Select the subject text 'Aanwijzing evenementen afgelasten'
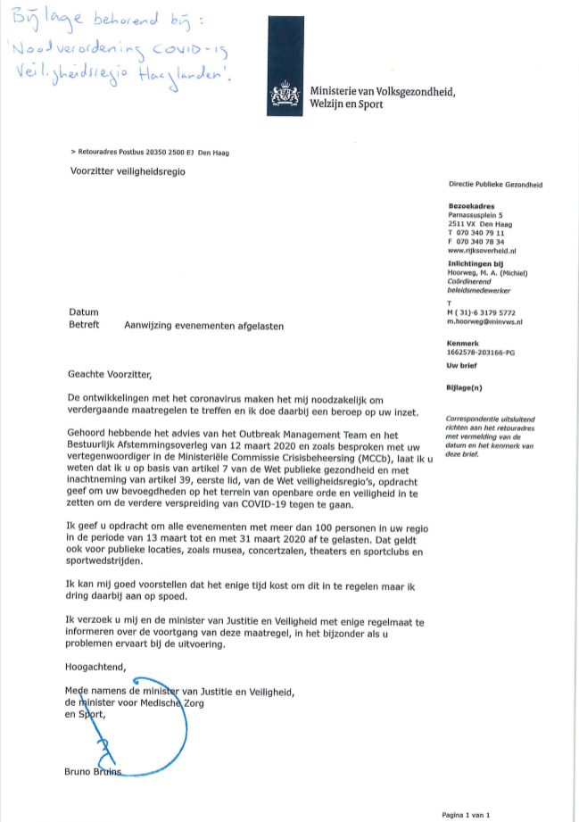(x=204, y=327)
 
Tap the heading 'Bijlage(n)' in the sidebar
(x=465, y=389)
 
